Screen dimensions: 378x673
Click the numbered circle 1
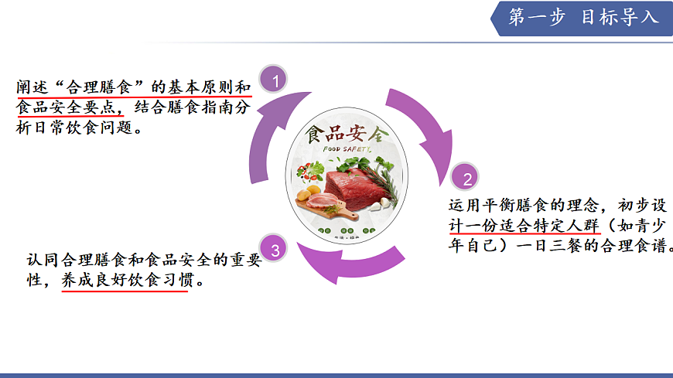click(275, 79)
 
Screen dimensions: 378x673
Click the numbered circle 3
click(275, 249)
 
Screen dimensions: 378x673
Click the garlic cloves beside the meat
click(381, 204)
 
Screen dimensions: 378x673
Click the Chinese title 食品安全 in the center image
click(343, 133)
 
